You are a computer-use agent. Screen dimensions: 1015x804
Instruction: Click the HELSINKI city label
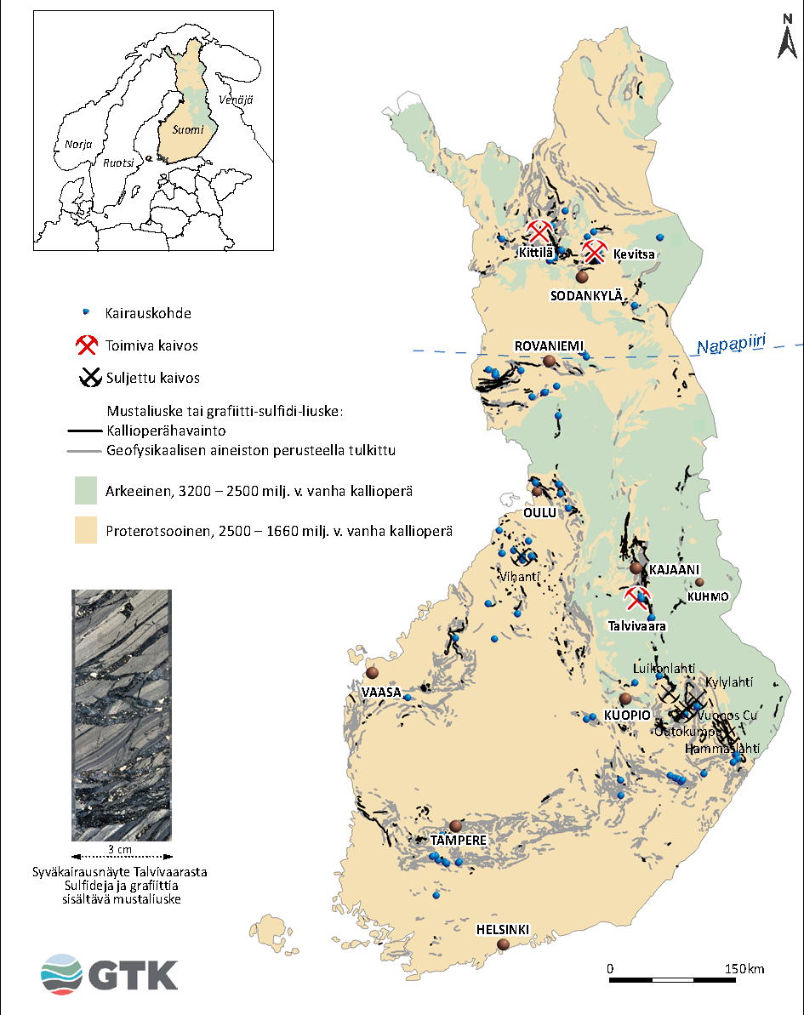[x=503, y=929]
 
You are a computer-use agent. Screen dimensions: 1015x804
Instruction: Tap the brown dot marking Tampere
[x=456, y=825]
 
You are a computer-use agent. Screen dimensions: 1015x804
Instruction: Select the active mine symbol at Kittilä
[x=539, y=231]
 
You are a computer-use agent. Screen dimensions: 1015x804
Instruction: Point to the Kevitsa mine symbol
[x=595, y=252]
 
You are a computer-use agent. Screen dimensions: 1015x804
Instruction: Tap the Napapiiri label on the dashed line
[x=731, y=344]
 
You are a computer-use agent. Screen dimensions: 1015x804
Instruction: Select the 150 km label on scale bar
[x=744, y=969]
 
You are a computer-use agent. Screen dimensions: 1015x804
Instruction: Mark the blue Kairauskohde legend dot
[x=85, y=313]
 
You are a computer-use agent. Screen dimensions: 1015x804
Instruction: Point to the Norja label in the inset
[x=78, y=145]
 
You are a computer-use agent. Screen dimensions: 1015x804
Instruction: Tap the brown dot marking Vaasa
[x=372, y=673]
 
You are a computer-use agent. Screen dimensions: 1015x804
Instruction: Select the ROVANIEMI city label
[x=549, y=345]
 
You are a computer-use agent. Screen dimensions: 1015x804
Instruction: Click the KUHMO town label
[x=709, y=596]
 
